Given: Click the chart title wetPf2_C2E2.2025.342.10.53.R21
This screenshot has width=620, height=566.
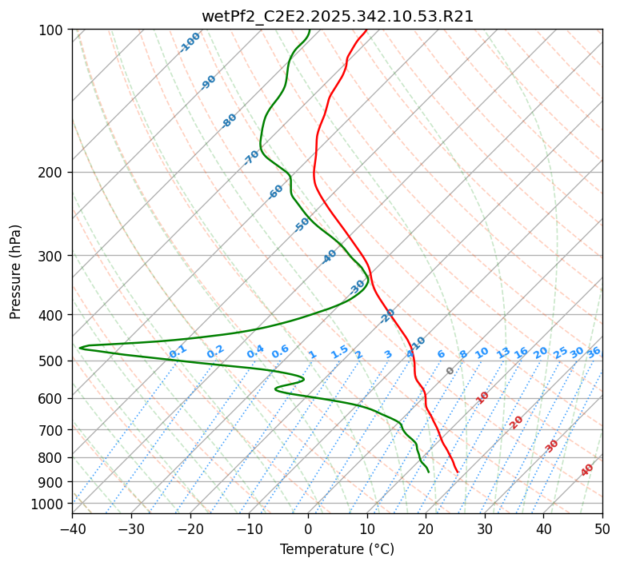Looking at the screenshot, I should point(337,16).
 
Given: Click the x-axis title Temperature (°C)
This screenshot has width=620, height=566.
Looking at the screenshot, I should point(337,549).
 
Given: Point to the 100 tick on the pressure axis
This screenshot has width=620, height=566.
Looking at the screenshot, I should point(50,30).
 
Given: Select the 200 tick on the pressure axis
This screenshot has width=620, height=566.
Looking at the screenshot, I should point(50,172).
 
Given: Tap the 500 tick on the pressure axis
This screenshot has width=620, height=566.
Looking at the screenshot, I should point(50,361).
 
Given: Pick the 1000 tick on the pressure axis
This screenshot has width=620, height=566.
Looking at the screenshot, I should point(47,504).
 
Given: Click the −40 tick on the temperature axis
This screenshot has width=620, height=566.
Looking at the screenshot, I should point(72,529).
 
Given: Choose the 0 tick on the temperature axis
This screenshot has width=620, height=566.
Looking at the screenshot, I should point(308,529).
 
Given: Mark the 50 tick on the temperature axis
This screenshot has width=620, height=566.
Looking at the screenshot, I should point(602,529).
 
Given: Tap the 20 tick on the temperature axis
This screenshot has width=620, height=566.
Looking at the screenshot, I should point(426,529).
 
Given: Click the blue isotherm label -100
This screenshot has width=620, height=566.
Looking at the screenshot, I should point(190,42).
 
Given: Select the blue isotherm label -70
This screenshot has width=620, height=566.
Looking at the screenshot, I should point(251,157).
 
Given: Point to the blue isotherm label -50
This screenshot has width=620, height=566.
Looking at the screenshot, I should point(302,225).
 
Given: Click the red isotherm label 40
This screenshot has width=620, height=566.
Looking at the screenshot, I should point(587,470).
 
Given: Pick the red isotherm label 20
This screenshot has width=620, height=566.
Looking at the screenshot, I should point(517,421).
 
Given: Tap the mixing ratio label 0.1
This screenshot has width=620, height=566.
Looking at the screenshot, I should point(178,351).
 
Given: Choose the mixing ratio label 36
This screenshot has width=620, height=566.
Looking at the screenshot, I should point(594,352).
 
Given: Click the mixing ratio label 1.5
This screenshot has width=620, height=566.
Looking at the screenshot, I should point(339,351).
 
